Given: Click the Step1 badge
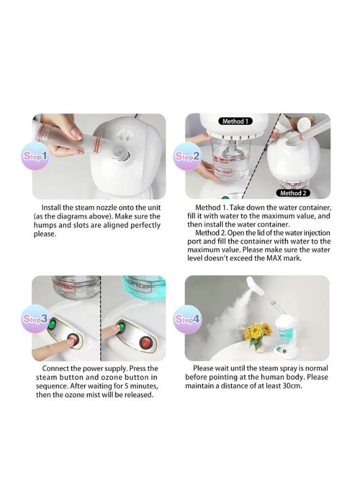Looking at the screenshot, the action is (35, 155).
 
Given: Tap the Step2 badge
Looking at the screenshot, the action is (187, 156).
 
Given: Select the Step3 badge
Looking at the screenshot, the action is (35, 319).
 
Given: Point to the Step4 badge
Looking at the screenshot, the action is (187, 319).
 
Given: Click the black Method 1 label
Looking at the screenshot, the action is (235, 121).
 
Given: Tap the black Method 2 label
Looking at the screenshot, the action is (293, 193).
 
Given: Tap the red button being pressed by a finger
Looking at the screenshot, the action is (73, 339).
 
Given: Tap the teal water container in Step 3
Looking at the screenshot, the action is (145, 286).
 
